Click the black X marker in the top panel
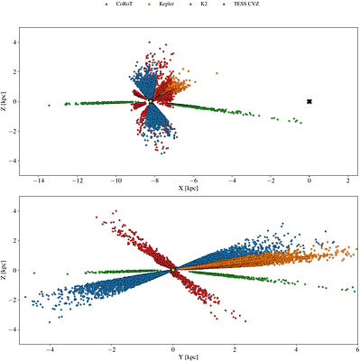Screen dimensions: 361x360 tap(309, 102)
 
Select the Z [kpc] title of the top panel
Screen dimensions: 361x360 tap(5, 102)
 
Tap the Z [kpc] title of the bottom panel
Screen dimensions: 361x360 tap(5, 269)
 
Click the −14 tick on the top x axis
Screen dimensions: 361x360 tap(37, 181)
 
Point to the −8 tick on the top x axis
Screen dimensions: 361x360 tap(154, 181)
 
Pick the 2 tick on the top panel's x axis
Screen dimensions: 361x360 tap(348, 181)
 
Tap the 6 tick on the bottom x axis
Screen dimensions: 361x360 tap(357, 347)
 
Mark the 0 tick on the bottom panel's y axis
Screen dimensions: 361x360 tap(15, 269)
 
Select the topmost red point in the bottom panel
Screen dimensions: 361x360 tap(115, 212)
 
